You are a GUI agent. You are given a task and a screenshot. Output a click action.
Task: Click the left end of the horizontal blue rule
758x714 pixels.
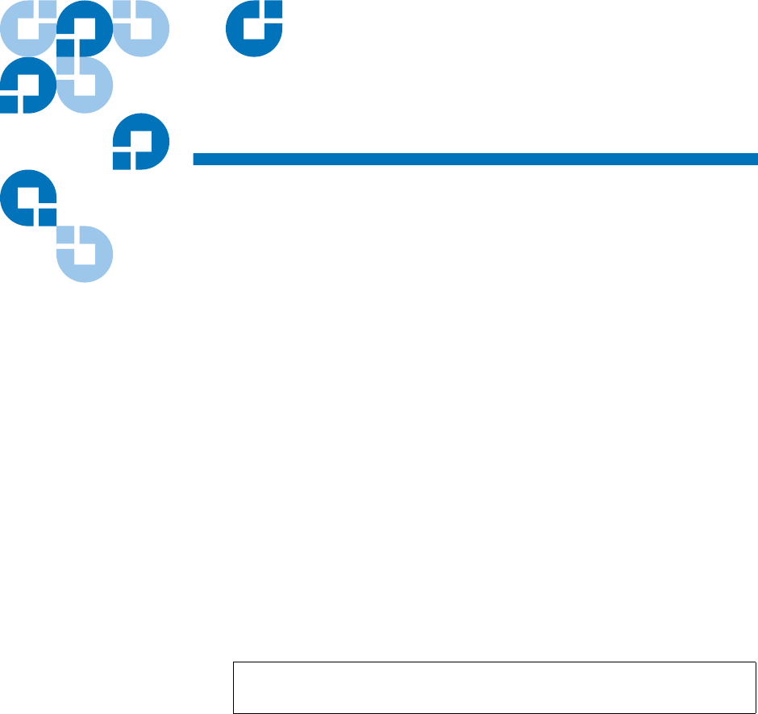pos(195,159)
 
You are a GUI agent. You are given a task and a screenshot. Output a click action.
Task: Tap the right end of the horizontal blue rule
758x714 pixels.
pos(756,159)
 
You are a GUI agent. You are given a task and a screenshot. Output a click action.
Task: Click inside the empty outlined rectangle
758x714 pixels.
pos(494,687)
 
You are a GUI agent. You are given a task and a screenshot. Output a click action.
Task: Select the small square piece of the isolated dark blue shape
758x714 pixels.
pos(275,10)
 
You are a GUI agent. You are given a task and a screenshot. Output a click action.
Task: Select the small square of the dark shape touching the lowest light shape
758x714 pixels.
pos(48,217)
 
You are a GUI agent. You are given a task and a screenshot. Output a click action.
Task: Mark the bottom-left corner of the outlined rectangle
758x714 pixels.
pos(234,712)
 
